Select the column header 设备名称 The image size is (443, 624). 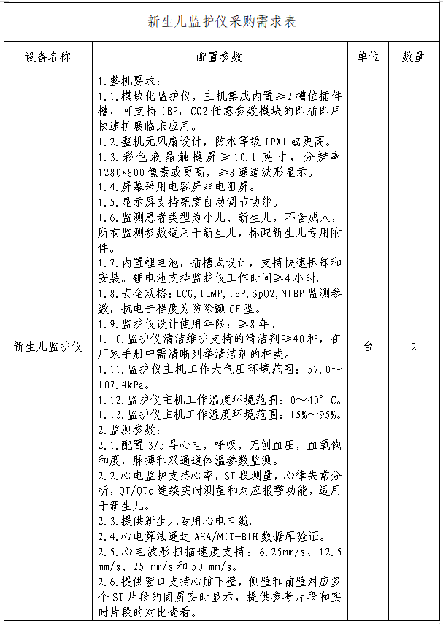tap(47, 58)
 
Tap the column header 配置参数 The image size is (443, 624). tap(221, 58)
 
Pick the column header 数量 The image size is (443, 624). tap(413, 58)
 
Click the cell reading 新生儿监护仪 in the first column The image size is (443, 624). tap(47, 347)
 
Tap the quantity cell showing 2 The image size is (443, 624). tap(413, 347)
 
